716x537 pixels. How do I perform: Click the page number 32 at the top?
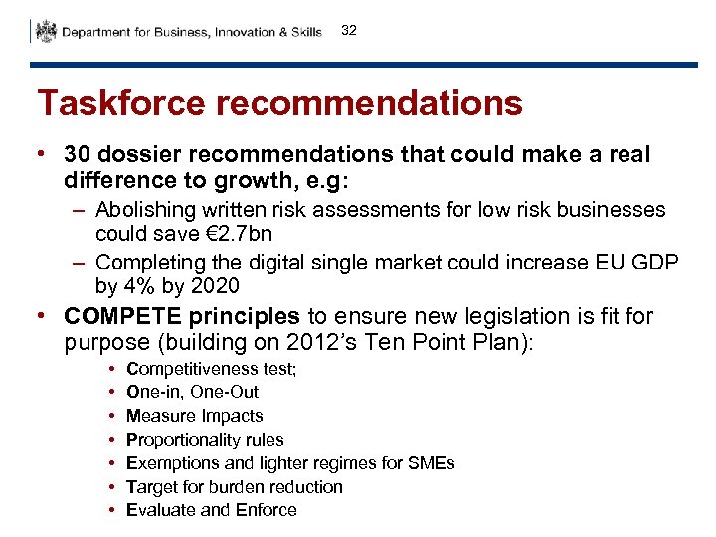click(348, 31)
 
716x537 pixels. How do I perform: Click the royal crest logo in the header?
click(45, 32)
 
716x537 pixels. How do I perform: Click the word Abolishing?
click(145, 210)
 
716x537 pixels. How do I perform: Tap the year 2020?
click(217, 286)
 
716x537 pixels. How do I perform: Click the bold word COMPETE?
click(122, 316)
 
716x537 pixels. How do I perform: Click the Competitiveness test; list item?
click(211, 369)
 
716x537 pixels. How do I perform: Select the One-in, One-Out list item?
click(192, 392)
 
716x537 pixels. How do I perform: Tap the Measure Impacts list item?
click(194, 416)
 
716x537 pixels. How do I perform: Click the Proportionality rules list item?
click(205, 440)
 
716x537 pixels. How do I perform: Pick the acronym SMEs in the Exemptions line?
click(432, 463)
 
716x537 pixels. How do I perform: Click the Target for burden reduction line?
click(234, 486)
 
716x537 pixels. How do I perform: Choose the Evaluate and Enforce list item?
click(211, 510)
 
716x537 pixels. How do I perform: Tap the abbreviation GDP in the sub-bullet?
click(656, 264)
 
